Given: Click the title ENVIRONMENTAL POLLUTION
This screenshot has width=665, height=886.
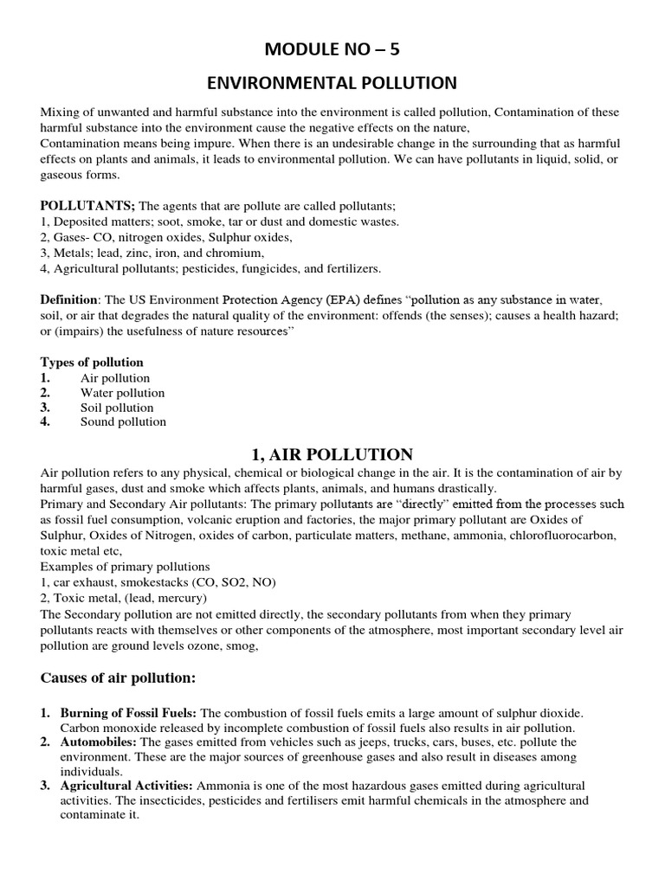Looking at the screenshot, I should pos(332,82).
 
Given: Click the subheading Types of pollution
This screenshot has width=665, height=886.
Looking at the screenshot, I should pos(92,363).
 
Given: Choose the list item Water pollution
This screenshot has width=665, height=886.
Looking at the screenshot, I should pos(122,393).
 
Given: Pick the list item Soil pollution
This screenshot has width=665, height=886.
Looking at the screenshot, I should pos(117,408).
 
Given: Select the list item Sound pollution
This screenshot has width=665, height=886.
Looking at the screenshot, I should pos(123,422).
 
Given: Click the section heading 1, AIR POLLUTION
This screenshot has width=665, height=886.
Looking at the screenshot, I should pos(332,454).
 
